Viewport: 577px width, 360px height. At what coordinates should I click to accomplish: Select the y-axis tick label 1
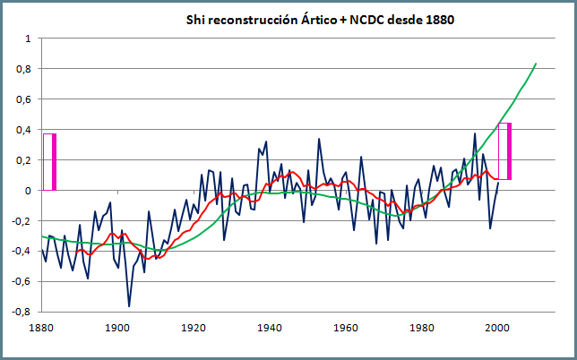tap(28, 39)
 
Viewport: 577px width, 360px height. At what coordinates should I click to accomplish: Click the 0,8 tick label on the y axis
tap(23, 69)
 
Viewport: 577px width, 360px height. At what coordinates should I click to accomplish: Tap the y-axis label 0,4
tap(23, 130)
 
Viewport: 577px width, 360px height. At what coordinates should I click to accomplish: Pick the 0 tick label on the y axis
tap(28, 190)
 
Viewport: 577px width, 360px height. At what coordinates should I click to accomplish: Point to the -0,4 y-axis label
tap(22, 251)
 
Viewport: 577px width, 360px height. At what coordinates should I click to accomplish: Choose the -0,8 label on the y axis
tap(22, 312)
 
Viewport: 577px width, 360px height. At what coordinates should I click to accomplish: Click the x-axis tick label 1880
tap(41, 328)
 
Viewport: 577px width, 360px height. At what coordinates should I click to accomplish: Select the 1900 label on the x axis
tap(116, 328)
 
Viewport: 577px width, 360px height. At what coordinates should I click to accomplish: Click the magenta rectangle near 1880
tap(49, 161)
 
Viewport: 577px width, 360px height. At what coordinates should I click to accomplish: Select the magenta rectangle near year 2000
tap(504, 151)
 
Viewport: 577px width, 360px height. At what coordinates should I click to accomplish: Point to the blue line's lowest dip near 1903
tap(129, 306)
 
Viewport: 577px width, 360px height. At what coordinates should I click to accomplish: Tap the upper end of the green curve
tap(536, 64)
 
